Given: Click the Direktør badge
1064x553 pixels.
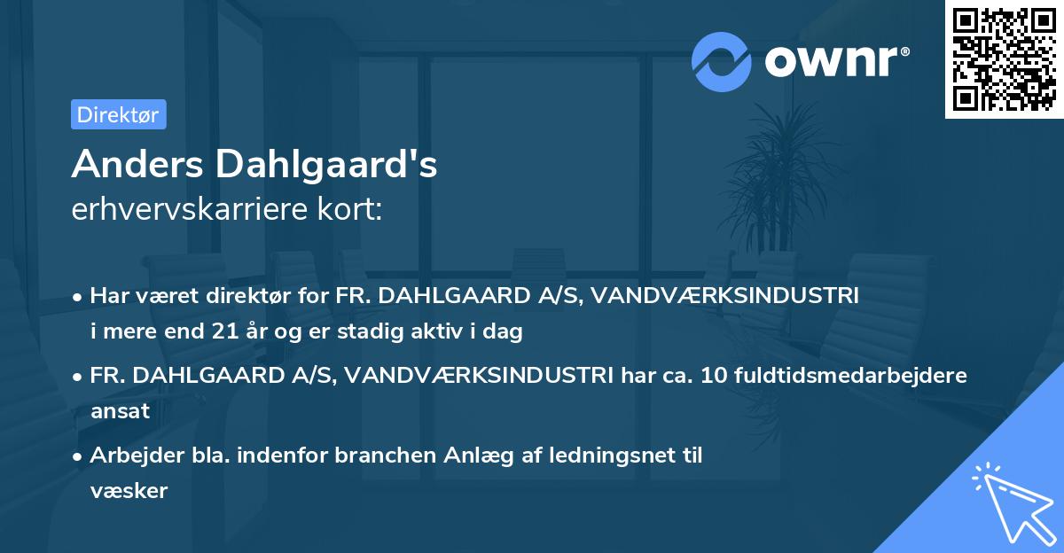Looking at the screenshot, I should coord(118,114).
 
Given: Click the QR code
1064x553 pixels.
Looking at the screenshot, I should coord(1003,59).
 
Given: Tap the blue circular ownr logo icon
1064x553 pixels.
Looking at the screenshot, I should coord(722,61).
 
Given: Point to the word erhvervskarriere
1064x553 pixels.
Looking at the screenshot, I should coord(199,209).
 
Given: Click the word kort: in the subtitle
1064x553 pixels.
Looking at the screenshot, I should coord(352,209).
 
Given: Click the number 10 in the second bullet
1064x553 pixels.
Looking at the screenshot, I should coord(714,375).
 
